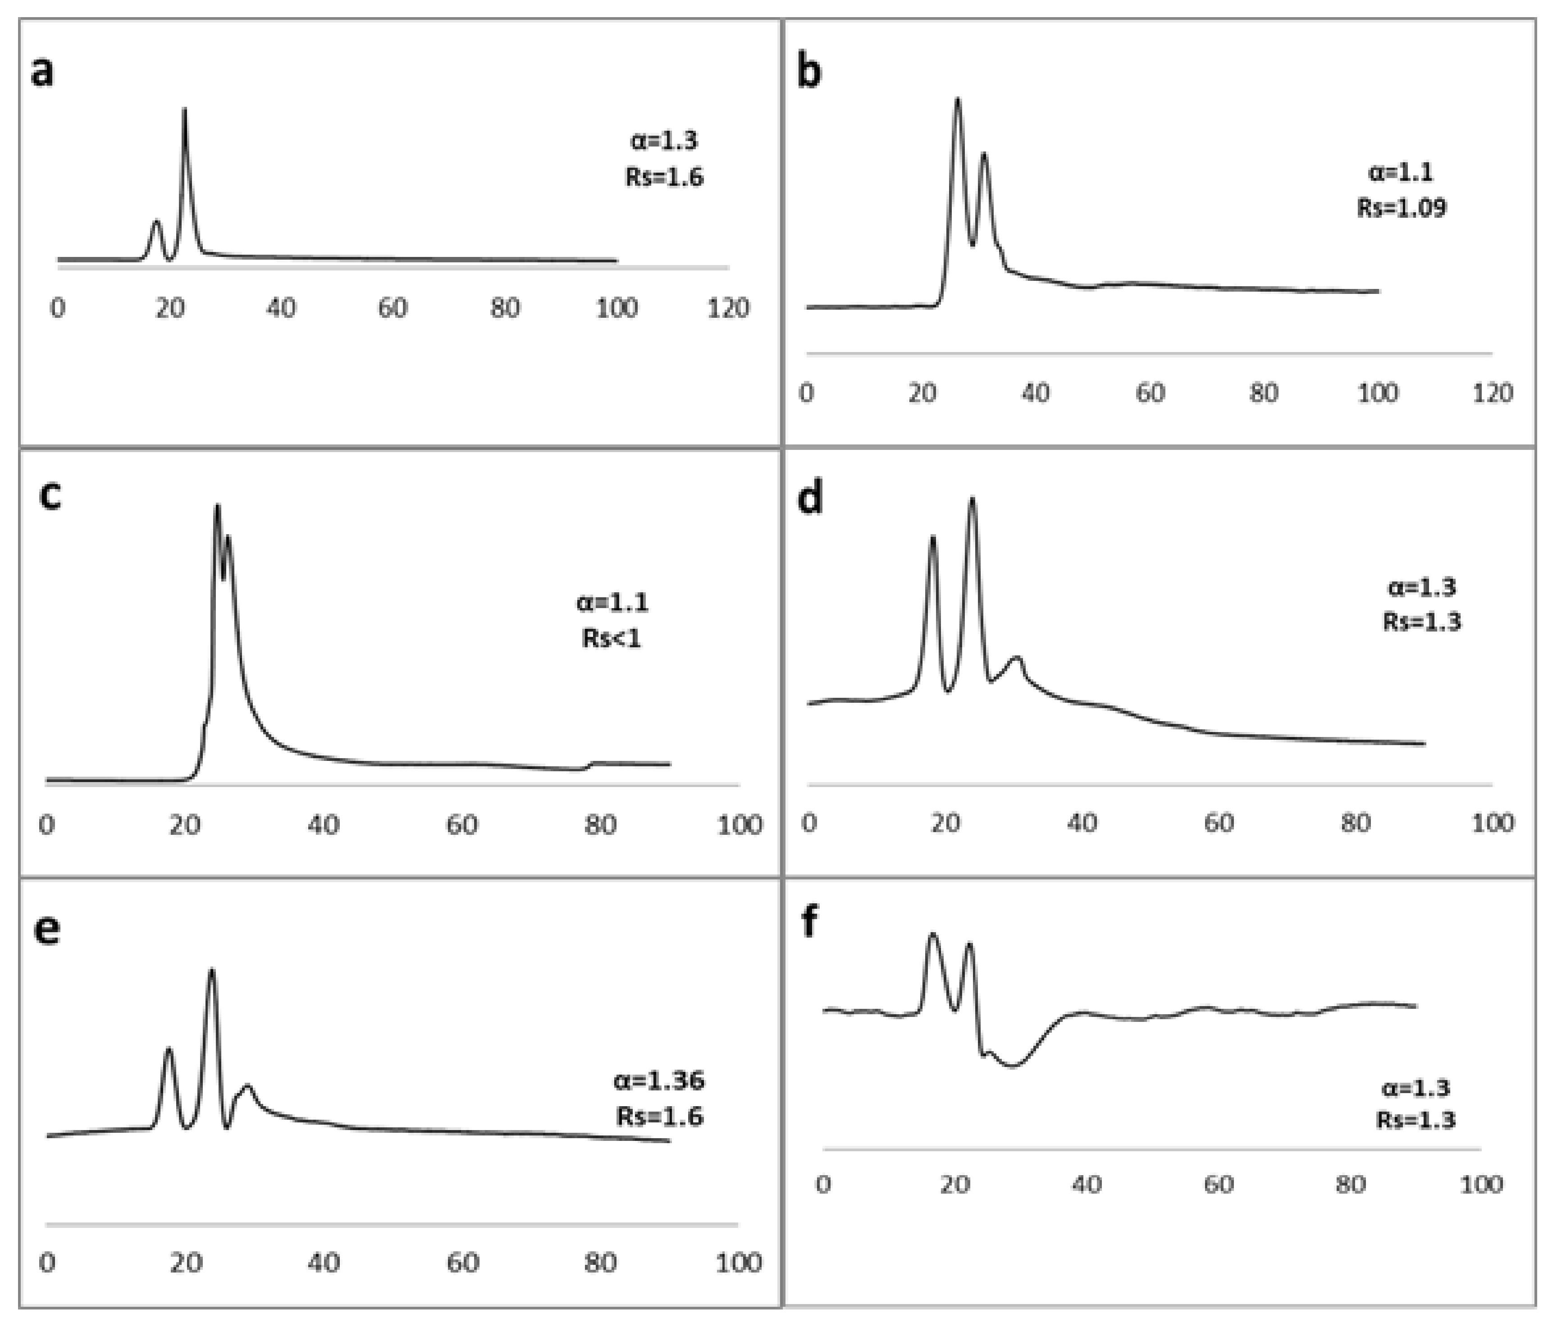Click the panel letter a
(x=43, y=73)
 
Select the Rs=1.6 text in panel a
(x=664, y=177)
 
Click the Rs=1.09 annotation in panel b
(x=1401, y=207)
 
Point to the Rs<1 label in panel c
(x=611, y=638)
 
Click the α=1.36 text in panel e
(x=659, y=1081)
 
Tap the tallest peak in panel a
(x=184, y=111)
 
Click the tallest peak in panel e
(x=211, y=971)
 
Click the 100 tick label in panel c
(x=739, y=825)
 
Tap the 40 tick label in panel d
(x=1082, y=823)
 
